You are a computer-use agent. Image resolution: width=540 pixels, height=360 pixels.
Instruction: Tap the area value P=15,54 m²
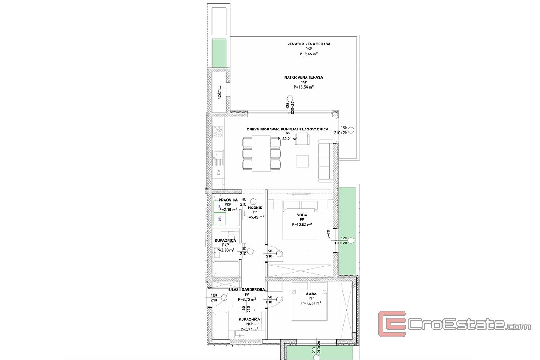(304, 87)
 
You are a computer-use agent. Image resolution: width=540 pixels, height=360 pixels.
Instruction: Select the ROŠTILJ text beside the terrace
(220, 92)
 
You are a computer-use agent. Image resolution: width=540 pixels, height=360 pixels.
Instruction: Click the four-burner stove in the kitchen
(218, 130)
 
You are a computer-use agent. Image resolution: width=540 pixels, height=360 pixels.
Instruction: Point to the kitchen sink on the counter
(218, 153)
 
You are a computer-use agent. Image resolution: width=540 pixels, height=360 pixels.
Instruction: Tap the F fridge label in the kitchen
(218, 185)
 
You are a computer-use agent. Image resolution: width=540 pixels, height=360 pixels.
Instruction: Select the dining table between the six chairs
(261, 153)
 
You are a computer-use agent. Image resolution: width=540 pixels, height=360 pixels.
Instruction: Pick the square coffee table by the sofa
(302, 162)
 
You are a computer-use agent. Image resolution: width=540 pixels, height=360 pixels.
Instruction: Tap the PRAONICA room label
(228, 200)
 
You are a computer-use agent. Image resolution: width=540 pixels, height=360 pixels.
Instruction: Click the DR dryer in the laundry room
(220, 219)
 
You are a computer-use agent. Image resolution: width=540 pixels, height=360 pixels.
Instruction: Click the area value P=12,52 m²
(304, 225)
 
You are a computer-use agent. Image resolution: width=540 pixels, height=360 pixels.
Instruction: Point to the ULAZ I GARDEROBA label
(247, 290)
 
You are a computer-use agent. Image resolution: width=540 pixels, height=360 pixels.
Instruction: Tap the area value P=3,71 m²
(249, 329)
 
